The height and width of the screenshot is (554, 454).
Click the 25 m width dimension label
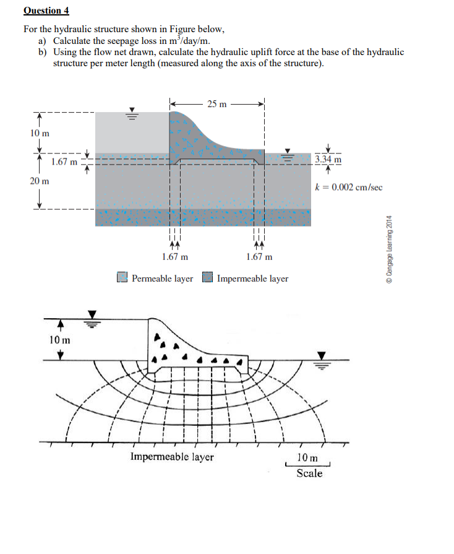(x=216, y=104)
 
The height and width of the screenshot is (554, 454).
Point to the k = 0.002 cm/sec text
(x=349, y=187)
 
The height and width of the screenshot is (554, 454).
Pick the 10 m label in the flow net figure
(x=60, y=340)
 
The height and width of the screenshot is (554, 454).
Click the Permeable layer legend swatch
(x=123, y=278)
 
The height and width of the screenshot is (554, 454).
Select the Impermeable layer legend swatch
(x=208, y=278)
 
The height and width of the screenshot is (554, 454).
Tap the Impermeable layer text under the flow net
(x=172, y=457)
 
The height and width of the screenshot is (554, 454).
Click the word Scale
(x=309, y=474)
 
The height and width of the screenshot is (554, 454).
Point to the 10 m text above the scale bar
(x=307, y=458)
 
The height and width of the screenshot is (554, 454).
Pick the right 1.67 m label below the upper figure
(x=259, y=257)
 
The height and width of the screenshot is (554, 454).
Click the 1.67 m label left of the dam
(x=64, y=162)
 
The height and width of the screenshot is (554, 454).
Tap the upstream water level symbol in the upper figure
(x=132, y=113)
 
